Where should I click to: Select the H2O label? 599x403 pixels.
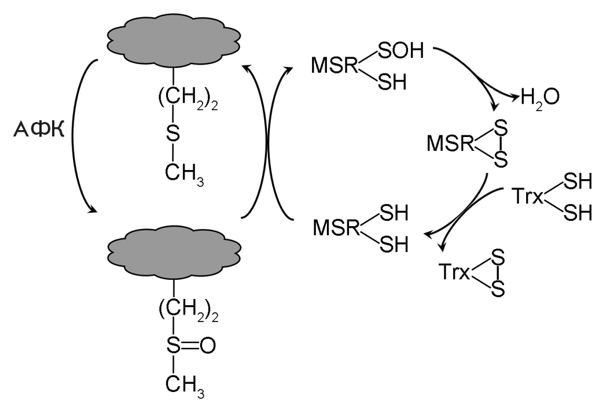pyautogui.click(x=540, y=97)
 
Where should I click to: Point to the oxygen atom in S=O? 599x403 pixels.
pyautogui.click(x=208, y=346)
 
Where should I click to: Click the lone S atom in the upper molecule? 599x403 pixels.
pyautogui.click(x=174, y=135)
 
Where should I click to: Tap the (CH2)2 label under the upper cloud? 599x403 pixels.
pyautogui.click(x=181, y=98)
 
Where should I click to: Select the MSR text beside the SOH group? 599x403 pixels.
pyautogui.click(x=335, y=65)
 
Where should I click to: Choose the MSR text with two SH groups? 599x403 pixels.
pyautogui.click(x=336, y=227)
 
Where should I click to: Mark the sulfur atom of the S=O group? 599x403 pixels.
pyautogui.click(x=174, y=346)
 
